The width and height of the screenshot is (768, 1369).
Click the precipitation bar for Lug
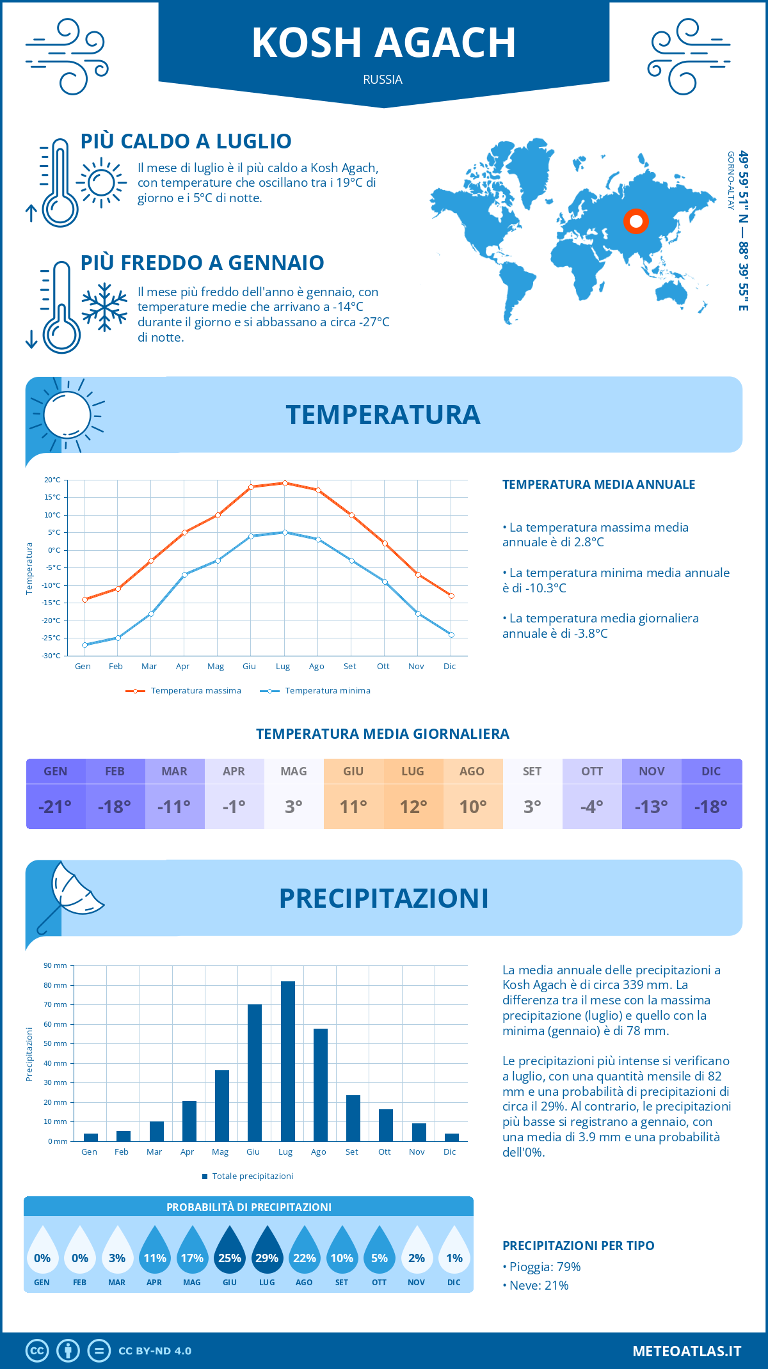pyautogui.click(x=288, y=1062)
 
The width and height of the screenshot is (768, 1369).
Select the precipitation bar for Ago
pyautogui.click(x=321, y=1086)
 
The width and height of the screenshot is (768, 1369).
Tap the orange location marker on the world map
pyautogui.click(x=636, y=221)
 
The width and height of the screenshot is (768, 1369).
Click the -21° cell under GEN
pyautogui.click(x=56, y=807)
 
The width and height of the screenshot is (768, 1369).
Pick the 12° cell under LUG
pyautogui.click(x=413, y=807)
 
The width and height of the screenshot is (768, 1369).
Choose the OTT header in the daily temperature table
pyautogui.click(x=592, y=772)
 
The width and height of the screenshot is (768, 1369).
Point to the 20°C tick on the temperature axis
pyautogui.click(x=53, y=480)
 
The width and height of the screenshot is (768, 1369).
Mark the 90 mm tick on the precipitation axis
pyautogui.click(x=56, y=966)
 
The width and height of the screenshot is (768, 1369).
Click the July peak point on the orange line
pyautogui.click(x=285, y=483)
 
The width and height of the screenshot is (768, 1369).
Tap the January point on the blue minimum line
pyautogui.click(x=84, y=645)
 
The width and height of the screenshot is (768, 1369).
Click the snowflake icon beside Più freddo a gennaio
pyautogui.click(x=104, y=307)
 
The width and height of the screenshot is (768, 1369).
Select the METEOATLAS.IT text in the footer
pyautogui.click(x=686, y=1351)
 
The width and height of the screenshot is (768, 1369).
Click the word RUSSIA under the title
pyautogui.click(x=383, y=80)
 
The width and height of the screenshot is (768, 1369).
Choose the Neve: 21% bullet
pyautogui.click(x=536, y=1286)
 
